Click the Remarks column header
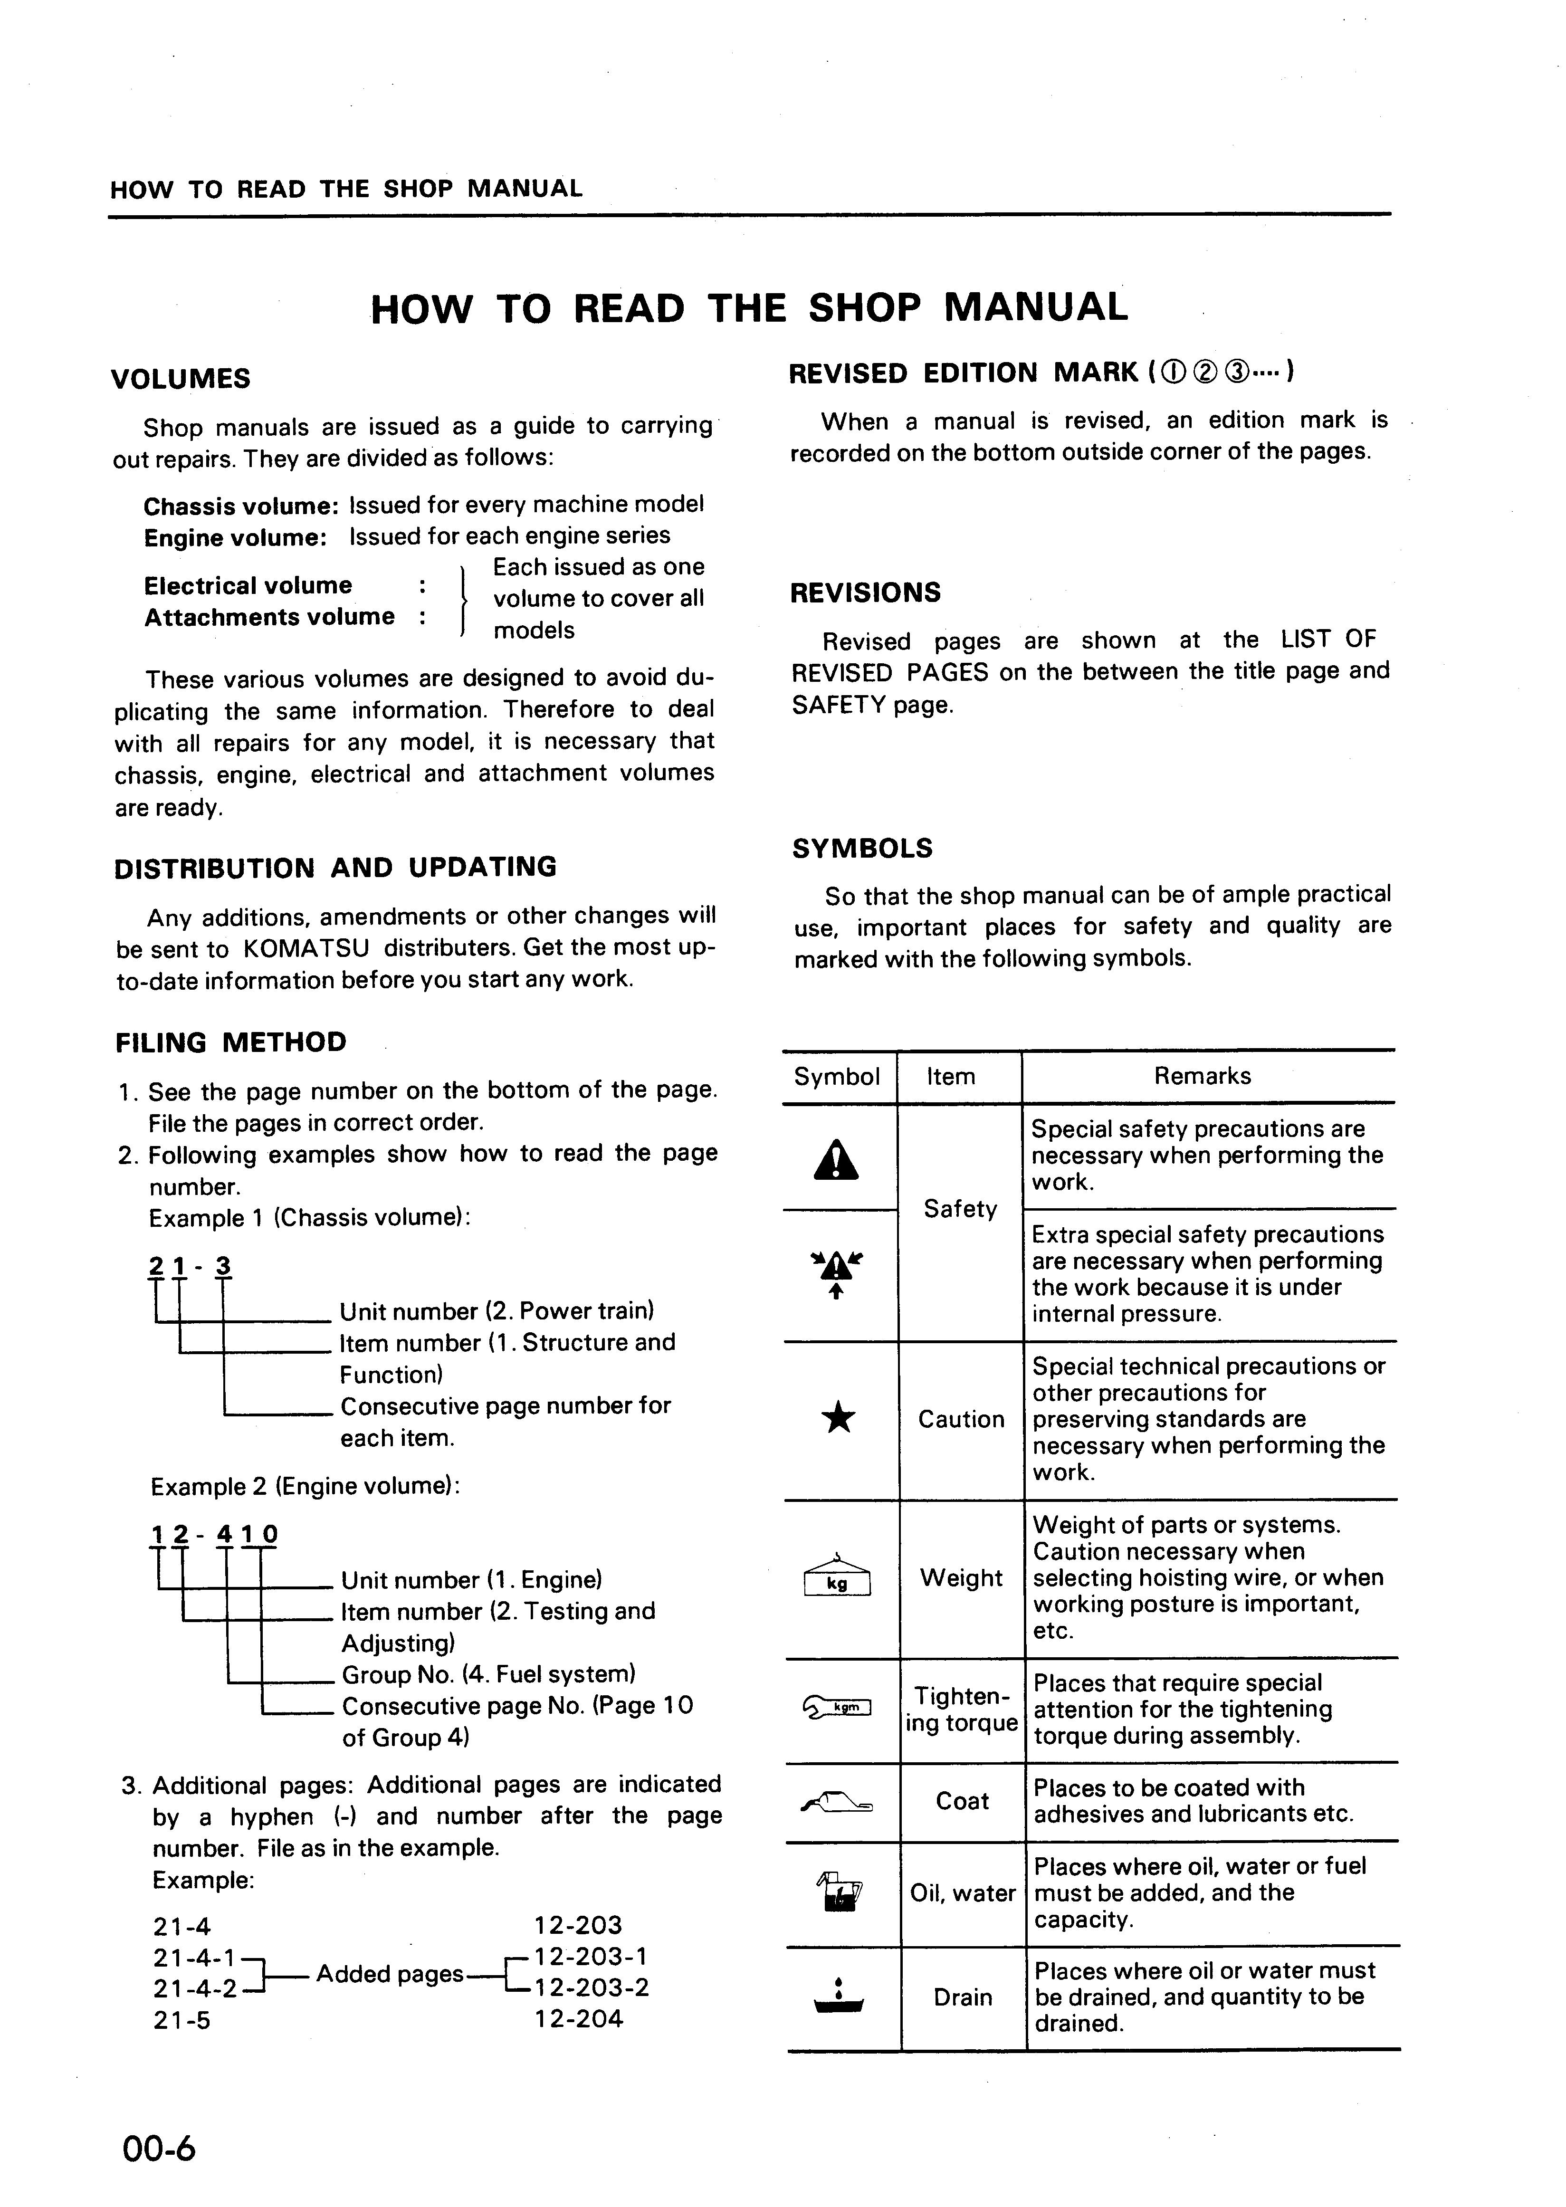pyautogui.click(x=1203, y=1076)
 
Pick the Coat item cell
pyautogui.click(x=962, y=1801)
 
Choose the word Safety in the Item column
pyautogui.click(x=960, y=1209)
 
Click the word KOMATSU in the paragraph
pyautogui.click(x=306, y=949)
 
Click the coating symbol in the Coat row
pyautogui.click(x=837, y=1801)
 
